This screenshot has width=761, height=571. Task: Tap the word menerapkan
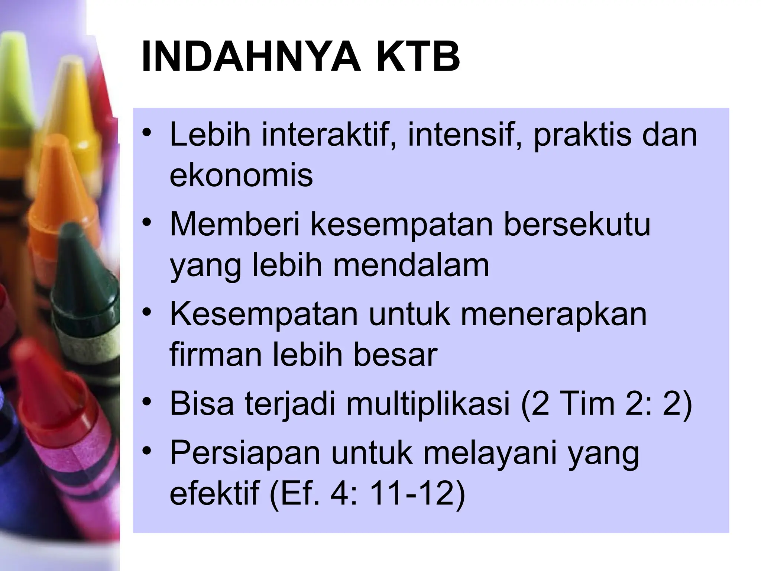click(554, 314)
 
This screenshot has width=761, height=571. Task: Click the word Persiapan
click(245, 454)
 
